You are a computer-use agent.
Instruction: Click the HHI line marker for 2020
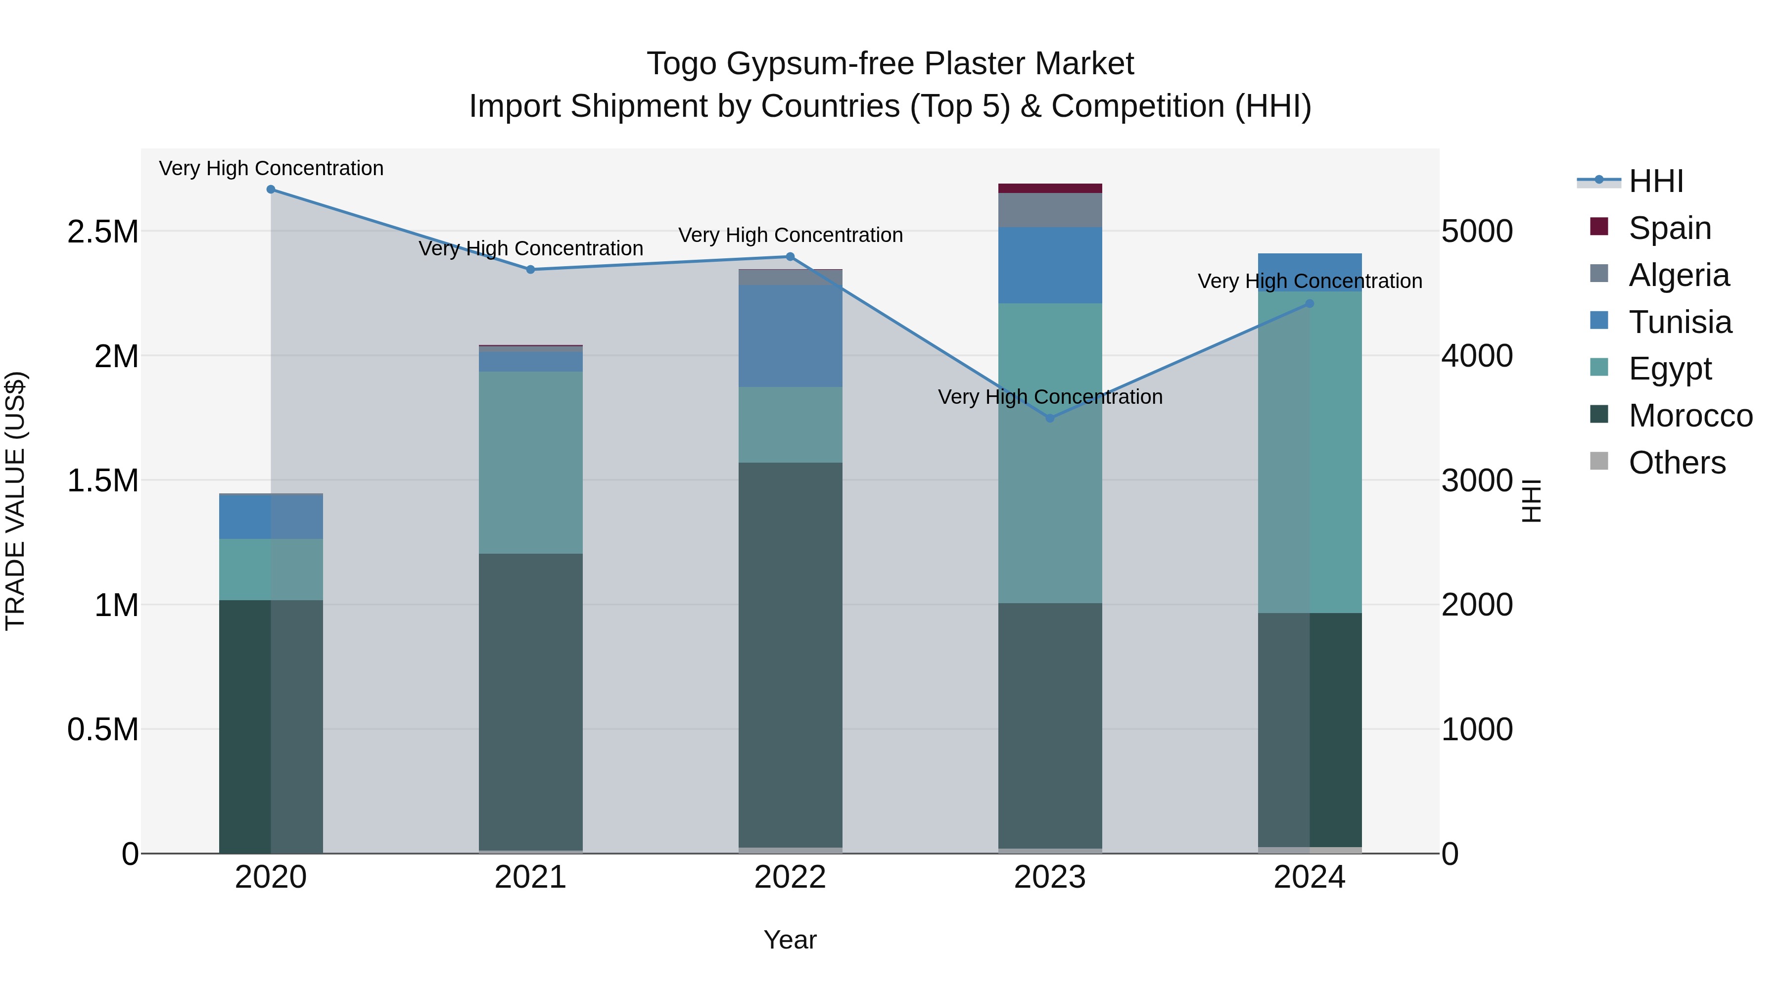[x=271, y=190]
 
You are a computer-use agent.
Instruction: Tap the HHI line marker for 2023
[x=1050, y=418]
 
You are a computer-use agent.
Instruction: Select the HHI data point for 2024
[x=1310, y=304]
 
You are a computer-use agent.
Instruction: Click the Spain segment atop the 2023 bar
[x=1050, y=188]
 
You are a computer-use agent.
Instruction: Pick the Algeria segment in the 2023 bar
[x=1050, y=210]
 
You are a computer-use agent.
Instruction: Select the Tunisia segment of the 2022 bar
[x=790, y=336]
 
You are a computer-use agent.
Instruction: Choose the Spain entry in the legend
[x=1669, y=228]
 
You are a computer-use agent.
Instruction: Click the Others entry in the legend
[x=1676, y=463]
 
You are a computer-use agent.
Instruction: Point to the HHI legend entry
[x=1655, y=181]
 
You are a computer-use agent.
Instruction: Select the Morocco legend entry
[x=1690, y=416]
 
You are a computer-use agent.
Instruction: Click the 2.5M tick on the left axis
[x=103, y=232]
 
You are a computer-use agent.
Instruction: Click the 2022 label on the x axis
[x=790, y=877]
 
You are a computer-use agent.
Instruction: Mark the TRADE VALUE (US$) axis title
[x=15, y=501]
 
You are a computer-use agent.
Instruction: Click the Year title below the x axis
[x=790, y=940]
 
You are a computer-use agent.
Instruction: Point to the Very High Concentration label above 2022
[x=790, y=235]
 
